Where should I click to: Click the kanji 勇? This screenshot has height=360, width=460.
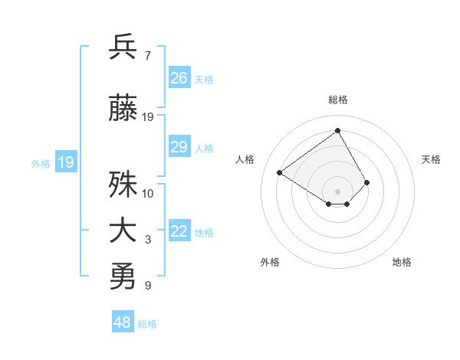(x=123, y=277)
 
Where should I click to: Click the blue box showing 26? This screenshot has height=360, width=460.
(x=179, y=78)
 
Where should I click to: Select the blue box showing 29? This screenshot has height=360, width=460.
(x=179, y=147)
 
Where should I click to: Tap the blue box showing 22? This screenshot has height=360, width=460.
(x=179, y=232)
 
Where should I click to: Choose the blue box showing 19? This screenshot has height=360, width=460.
(x=65, y=162)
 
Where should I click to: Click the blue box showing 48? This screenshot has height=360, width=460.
(x=123, y=322)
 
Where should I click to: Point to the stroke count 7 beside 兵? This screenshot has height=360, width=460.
(x=147, y=56)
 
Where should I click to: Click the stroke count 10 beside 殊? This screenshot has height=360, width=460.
(x=147, y=194)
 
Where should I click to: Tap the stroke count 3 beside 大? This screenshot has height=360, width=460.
(x=147, y=241)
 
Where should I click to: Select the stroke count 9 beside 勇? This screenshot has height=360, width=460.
(x=147, y=286)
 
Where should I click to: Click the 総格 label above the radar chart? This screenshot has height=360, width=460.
(x=337, y=100)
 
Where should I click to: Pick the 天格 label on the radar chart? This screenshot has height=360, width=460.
(x=431, y=159)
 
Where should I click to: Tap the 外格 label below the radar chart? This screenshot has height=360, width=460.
(x=270, y=262)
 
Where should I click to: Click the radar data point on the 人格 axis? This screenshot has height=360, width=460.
(x=280, y=172)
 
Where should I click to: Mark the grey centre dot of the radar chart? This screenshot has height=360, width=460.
(x=337, y=191)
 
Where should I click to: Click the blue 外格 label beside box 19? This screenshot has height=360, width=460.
(x=40, y=163)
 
